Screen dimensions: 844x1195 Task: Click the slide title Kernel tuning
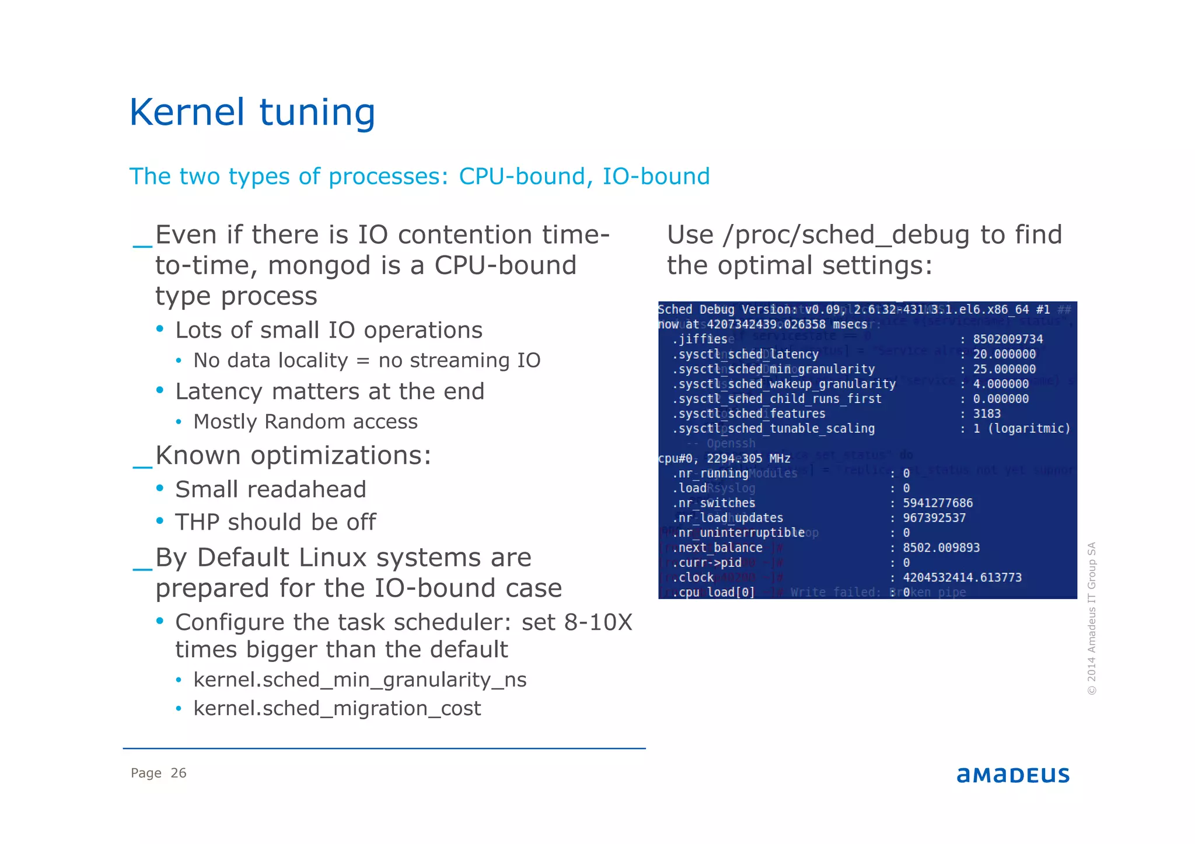click(x=252, y=112)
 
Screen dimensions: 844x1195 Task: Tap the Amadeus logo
click(x=1012, y=775)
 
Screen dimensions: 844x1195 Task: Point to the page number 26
click(x=178, y=773)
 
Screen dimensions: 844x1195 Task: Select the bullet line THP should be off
click(x=275, y=522)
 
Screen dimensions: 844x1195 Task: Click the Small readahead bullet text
click(x=271, y=489)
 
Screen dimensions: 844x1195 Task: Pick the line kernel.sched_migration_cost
click(x=337, y=708)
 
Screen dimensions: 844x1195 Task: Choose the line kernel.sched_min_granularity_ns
click(x=359, y=680)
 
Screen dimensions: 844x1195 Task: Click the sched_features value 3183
click(x=987, y=414)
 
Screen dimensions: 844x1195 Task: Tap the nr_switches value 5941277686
click(x=938, y=503)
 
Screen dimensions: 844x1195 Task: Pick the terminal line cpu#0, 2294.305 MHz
click(x=724, y=458)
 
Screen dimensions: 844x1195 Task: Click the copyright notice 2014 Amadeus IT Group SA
click(x=1092, y=618)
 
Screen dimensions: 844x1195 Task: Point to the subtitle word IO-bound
click(x=656, y=176)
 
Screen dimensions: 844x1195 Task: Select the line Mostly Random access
click(x=305, y=422)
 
